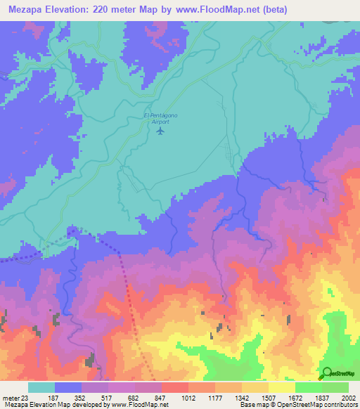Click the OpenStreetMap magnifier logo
tap(327, 374)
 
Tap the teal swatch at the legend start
tap(41, 387)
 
